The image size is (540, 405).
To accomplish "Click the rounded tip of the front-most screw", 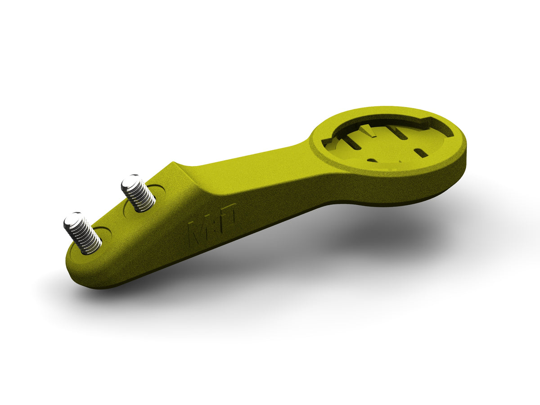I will [x=72, y=220].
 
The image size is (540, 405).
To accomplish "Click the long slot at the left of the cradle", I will [x=351, y=142].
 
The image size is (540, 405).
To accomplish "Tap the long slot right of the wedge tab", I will [x=398, y=133].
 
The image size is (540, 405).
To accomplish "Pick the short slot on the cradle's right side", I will [x=420, y=153].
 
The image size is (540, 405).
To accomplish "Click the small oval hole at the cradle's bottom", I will [x=372, y=160].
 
